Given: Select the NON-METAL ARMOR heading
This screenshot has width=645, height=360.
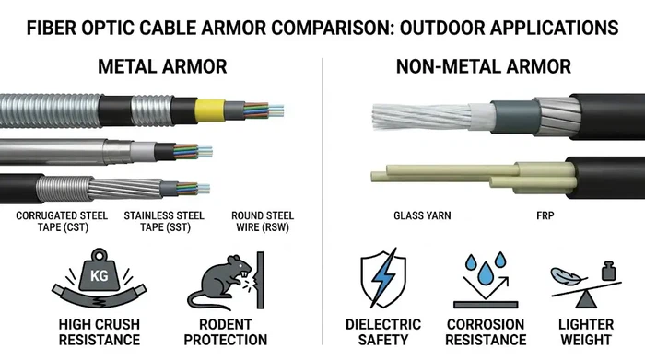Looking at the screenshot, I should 483,67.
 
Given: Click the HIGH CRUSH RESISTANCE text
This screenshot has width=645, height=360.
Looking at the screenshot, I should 99,331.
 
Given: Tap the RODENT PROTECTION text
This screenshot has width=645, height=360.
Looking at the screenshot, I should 225,331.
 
